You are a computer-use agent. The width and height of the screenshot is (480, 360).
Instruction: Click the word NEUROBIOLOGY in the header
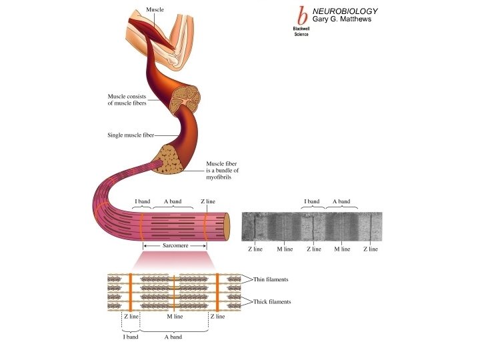click(345, 11)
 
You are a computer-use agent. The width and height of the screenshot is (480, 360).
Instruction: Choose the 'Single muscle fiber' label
click(130, 135)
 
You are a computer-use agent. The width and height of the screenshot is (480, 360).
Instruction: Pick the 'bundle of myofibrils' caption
click(222, 171)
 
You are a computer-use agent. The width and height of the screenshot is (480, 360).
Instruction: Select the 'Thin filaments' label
click(271, 279)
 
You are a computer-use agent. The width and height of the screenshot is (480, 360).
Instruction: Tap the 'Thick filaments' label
click(272, 302)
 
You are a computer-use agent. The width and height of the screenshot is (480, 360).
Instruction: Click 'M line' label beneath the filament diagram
click(175, 317)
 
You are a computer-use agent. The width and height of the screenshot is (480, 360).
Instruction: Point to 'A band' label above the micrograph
click(341, 201)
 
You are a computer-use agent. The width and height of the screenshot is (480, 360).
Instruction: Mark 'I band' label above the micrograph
click(311, 201)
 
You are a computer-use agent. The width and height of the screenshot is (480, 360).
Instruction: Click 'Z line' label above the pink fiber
click(207, 201)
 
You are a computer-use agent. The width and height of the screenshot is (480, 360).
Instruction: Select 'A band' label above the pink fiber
click(172, 201)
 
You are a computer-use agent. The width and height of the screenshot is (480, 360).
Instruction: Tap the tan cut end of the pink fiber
click(227, 227)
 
